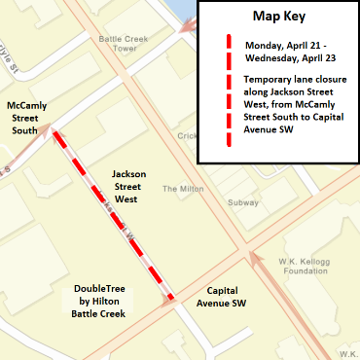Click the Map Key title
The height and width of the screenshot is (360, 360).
(x=280, y=18)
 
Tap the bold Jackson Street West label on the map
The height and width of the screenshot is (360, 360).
(x=128, y=186)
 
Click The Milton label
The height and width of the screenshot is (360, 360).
(x=181, y=189)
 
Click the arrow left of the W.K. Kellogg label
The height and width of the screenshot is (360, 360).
(x=254, y=257)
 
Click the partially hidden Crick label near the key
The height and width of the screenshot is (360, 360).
(x=188, y=135)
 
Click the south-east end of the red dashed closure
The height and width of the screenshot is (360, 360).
(x=171, y=297)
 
